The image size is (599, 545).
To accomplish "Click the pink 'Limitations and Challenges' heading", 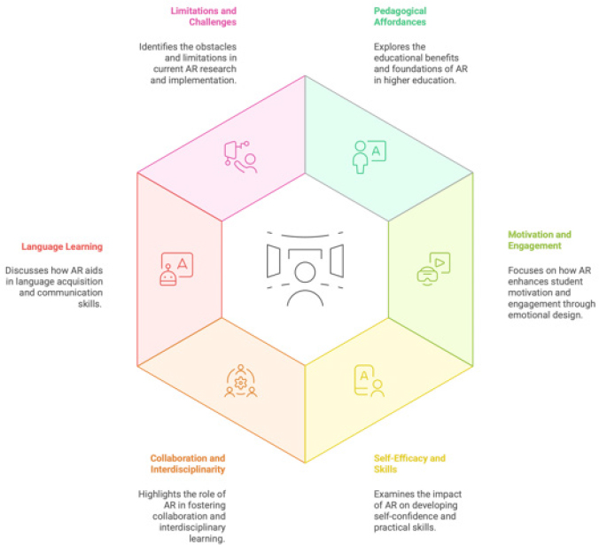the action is pyautogui.click(x=203, y=17).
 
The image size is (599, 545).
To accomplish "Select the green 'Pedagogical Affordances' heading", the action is pyautogui.click(x=400, y=17).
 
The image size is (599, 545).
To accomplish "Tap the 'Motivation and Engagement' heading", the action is pyautogui.click(x=540, y=240).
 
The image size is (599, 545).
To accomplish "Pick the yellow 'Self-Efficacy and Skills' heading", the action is pyautogui.click(x=409, y=463).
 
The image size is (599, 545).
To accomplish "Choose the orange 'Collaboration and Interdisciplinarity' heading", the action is pyautogui.click(x=188, y=463).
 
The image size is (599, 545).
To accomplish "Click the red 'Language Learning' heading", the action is pyautogui.click(x=62, y=246).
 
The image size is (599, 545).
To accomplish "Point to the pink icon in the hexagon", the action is pyautogui.click(x=240, y=157).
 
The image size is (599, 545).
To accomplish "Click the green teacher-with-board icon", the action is pyautogui.click(x=369, y=157).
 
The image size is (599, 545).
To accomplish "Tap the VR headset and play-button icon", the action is pyautogui.click(x=433, y=269).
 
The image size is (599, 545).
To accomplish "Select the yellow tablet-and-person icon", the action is pyautogui.click(x=369, y=381).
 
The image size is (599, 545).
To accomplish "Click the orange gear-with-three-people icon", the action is pyautogui.click(x=240, y=381).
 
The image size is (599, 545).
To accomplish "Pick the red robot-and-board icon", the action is pyautogui.click(x=176, y=269).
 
